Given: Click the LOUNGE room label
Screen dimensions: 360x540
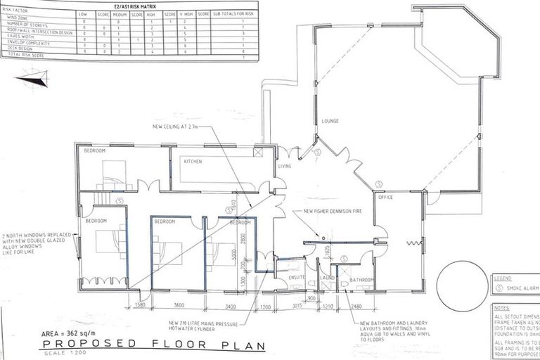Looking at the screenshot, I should (330, 121).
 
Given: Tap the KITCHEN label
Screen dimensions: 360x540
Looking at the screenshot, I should (193, 162).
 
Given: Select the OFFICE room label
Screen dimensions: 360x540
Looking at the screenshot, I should (385, 198).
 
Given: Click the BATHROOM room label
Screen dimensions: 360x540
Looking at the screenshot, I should (361, 280).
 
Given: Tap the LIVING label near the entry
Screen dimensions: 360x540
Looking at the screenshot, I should (284, 167).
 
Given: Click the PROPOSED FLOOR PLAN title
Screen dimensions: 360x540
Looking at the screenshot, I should (144, 345).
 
